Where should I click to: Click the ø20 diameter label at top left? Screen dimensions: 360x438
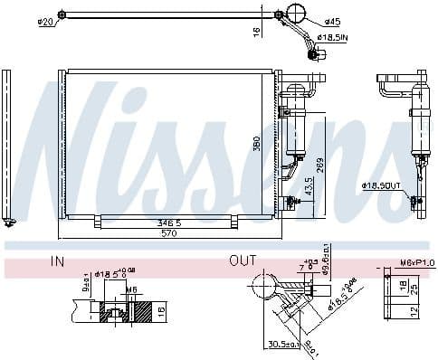pyautogui.click(x=44, y=23)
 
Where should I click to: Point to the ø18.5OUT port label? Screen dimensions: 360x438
pyautogui.click(x=380, y=185)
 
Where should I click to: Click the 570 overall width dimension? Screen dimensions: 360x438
pyautogui.click(x=168, y=234)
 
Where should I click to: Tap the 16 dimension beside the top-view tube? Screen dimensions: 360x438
pyautogui.click(x=256, y=31)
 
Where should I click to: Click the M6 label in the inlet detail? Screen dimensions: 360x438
pyautogui.click(x=131, y=289)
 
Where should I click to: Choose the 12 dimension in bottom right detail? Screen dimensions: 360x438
pyautogui.click(x=415, y=310)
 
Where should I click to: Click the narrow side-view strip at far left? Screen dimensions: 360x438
pyautogui.click(x=8, y=145)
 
